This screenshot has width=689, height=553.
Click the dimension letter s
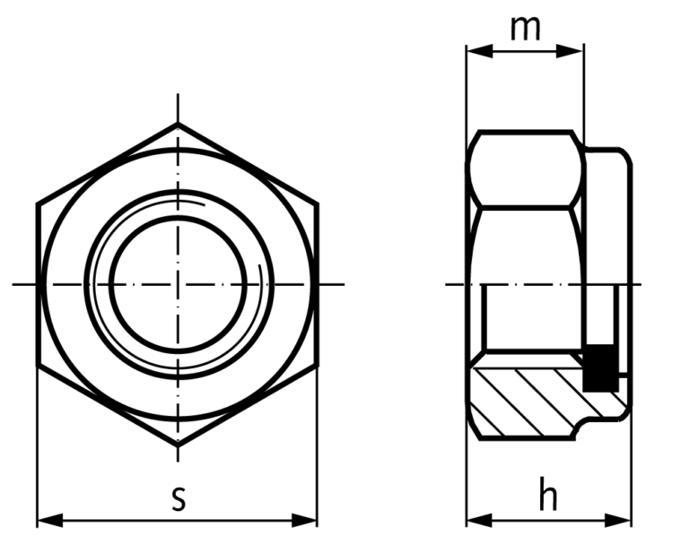(179, 499)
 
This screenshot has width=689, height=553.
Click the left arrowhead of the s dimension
(47, 520)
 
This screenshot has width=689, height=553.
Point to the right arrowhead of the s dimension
(308, 520)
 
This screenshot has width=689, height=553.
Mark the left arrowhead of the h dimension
(476, 520)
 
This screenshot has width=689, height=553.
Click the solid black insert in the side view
(600, 368)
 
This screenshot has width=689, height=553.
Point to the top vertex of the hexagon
(178, 124)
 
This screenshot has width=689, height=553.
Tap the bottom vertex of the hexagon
(178, 445)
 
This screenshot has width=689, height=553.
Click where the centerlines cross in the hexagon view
(178, 284)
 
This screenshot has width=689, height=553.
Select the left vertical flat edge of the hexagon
(38, 284)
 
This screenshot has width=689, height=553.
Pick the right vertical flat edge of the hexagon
(318, 284)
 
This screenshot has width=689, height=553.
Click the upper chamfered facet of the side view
(525, 170)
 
